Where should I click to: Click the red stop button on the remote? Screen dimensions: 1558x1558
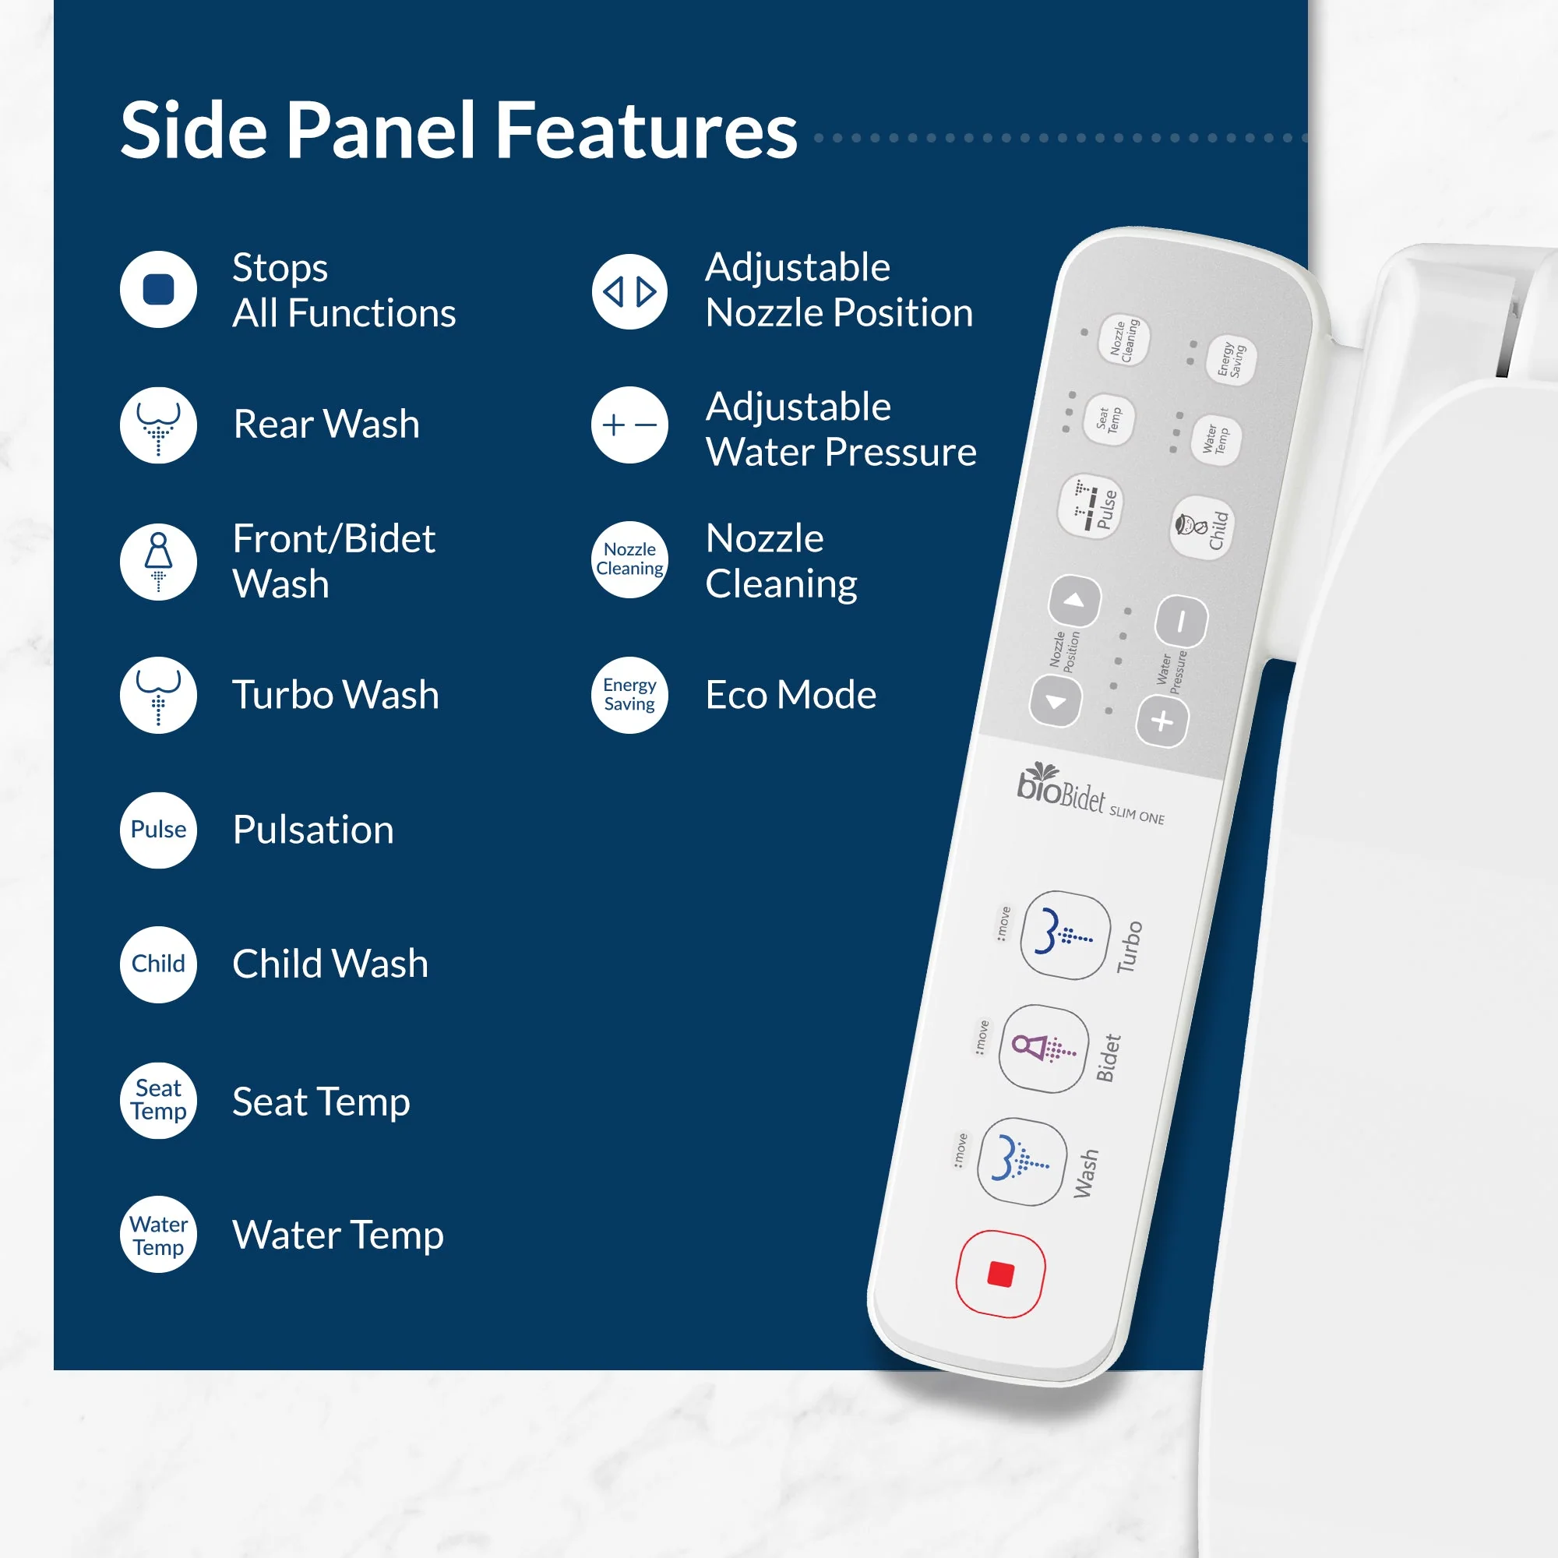pyautogui.click(x=1000, y=1274)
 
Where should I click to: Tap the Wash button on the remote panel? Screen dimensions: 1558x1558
pyautogui.click(x=1022, y=1162)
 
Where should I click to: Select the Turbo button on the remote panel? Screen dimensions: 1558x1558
pyautogui.click(x=1065, y=936)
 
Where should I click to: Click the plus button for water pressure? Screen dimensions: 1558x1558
pyautogui.click(x=1162, y=721)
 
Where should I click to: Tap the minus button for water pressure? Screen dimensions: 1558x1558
pyautogui.click(x=1182, y=622)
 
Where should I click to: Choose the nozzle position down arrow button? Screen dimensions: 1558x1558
pyautogui.click(x=1056, y=702)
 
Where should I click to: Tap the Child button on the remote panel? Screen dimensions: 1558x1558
pyautogui.click(x=1201, y=527)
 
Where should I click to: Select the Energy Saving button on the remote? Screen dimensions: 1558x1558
pyautogui.click(x=1231, y=360)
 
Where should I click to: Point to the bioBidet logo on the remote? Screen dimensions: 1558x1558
pyautogui.click(x=1091, y=794)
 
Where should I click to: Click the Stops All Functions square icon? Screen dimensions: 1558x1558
pyautogui.click(x=158, y=290)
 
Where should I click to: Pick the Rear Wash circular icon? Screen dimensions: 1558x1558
pyautogui.click(x=158, y=425)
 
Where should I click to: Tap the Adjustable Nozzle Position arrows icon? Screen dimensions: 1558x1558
pyautogui.click(x=629, y=291)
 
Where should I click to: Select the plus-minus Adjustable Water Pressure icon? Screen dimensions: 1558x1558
pyautogui.click(x=629, y=425)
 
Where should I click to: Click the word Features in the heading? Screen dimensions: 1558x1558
pyautogui.click(x=646, y=130)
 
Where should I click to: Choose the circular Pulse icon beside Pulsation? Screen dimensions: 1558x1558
pyautogui.click(x=158, y=830)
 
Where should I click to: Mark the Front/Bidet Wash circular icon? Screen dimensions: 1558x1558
pyautogui.click(x=158, y=561)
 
